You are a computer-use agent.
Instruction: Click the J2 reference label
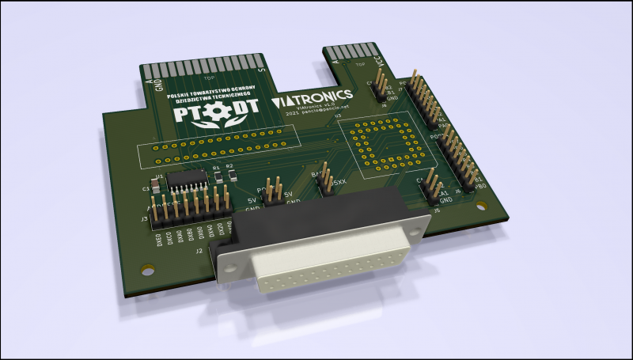click(199, 252)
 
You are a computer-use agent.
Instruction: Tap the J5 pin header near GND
click(432, 185)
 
